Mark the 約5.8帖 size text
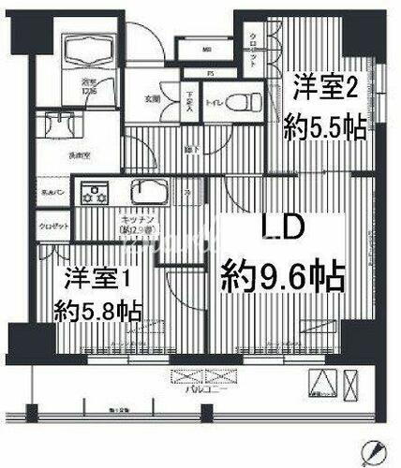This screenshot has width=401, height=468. pyautogui.click(x=97, y=309)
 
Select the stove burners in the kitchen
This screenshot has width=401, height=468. pyautogui.click(x=97, y=196)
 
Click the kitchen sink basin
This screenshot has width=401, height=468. pyautogui.click(x=149, y=194)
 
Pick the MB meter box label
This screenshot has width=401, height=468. pyautogui.click(x=207, y=51)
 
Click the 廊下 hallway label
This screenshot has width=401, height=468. pyautogui.click(x=162, y=148)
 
